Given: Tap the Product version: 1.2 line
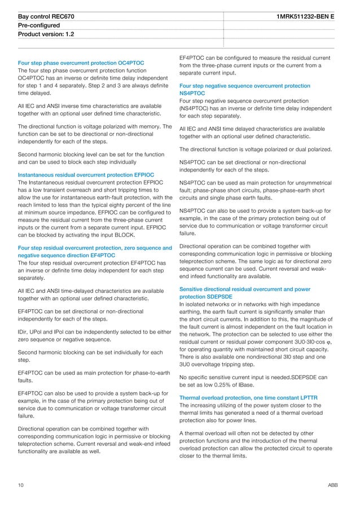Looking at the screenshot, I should pyautogui.click(x=46, y=34).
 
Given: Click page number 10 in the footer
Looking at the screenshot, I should pyautogui.click(x=21, y=485).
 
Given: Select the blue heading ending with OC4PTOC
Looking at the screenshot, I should pyautogui.click(x=81, y=63).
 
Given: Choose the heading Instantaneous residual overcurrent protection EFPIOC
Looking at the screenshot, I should pyautogui.click(x=86, y=175).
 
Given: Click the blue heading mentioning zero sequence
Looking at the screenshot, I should pyautogui.click(x=95, y=248).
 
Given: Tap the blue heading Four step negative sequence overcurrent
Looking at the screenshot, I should pyautogui.click(x=244, y=86).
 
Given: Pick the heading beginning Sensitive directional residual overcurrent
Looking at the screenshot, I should pyautogui.click(x=244, y=289).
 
